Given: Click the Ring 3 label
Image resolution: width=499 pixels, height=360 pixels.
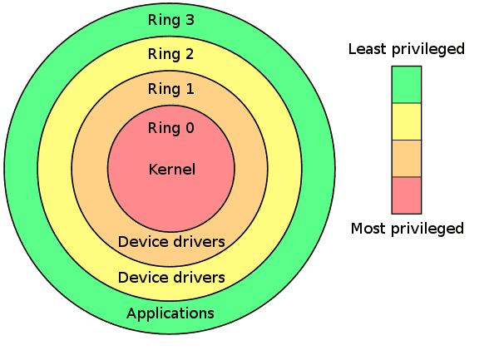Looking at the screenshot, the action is [170, 20].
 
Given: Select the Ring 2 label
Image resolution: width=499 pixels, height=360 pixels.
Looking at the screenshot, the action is [170, 54].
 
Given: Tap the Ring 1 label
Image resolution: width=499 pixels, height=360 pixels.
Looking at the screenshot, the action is [170, 88].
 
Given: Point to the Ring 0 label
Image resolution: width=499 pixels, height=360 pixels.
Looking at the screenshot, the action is [170, 128].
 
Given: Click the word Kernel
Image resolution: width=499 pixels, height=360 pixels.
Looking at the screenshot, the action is [172, 169].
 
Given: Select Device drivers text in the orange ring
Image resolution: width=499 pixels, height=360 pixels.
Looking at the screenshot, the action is [171, 242].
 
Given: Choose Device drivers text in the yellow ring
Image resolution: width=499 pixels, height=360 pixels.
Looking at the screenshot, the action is [171, 278].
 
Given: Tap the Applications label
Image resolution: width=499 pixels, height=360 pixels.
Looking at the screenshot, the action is [170, 314].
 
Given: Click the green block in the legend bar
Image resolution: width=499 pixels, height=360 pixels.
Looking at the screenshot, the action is [407, 85].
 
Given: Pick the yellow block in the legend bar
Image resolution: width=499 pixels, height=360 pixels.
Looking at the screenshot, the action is [407, 121].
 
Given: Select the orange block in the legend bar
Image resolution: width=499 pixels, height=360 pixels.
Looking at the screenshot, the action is [407, 158].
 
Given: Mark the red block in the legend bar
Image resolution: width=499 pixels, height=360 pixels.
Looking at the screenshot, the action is [407, 195].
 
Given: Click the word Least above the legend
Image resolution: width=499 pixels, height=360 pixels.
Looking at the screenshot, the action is [368, 49].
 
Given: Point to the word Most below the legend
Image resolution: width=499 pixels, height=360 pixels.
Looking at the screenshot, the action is [368, 229].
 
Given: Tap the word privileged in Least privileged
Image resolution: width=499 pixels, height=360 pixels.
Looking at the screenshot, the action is [428, 50].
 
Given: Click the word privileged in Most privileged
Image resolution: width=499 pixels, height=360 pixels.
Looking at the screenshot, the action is [427, 229].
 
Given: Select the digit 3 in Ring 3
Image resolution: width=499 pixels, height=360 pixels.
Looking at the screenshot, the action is [190, 20].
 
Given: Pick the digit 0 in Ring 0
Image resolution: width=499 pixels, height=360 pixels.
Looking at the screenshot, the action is [190, 128].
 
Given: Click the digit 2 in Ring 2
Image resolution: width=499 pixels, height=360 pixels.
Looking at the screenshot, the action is [190, 54].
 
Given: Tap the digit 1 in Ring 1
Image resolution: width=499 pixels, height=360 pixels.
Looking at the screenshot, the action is [190, 88].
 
